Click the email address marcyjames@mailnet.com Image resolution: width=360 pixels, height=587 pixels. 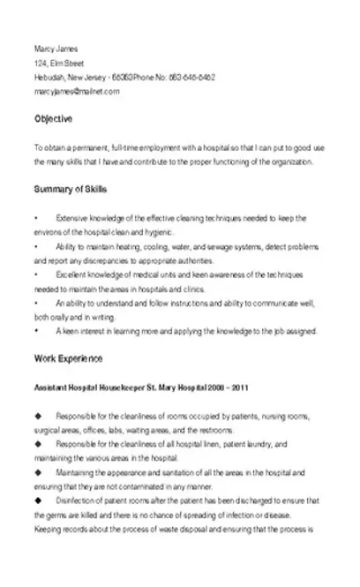pyautogui.click(x=70, y=91)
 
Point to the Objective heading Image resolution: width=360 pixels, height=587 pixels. pyautogui.click(x=53, y=118)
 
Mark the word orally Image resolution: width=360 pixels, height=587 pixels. pyautogui.click(x=62, y=317)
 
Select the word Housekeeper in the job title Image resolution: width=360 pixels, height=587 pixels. pyautogui.click(x=116, y=388)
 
